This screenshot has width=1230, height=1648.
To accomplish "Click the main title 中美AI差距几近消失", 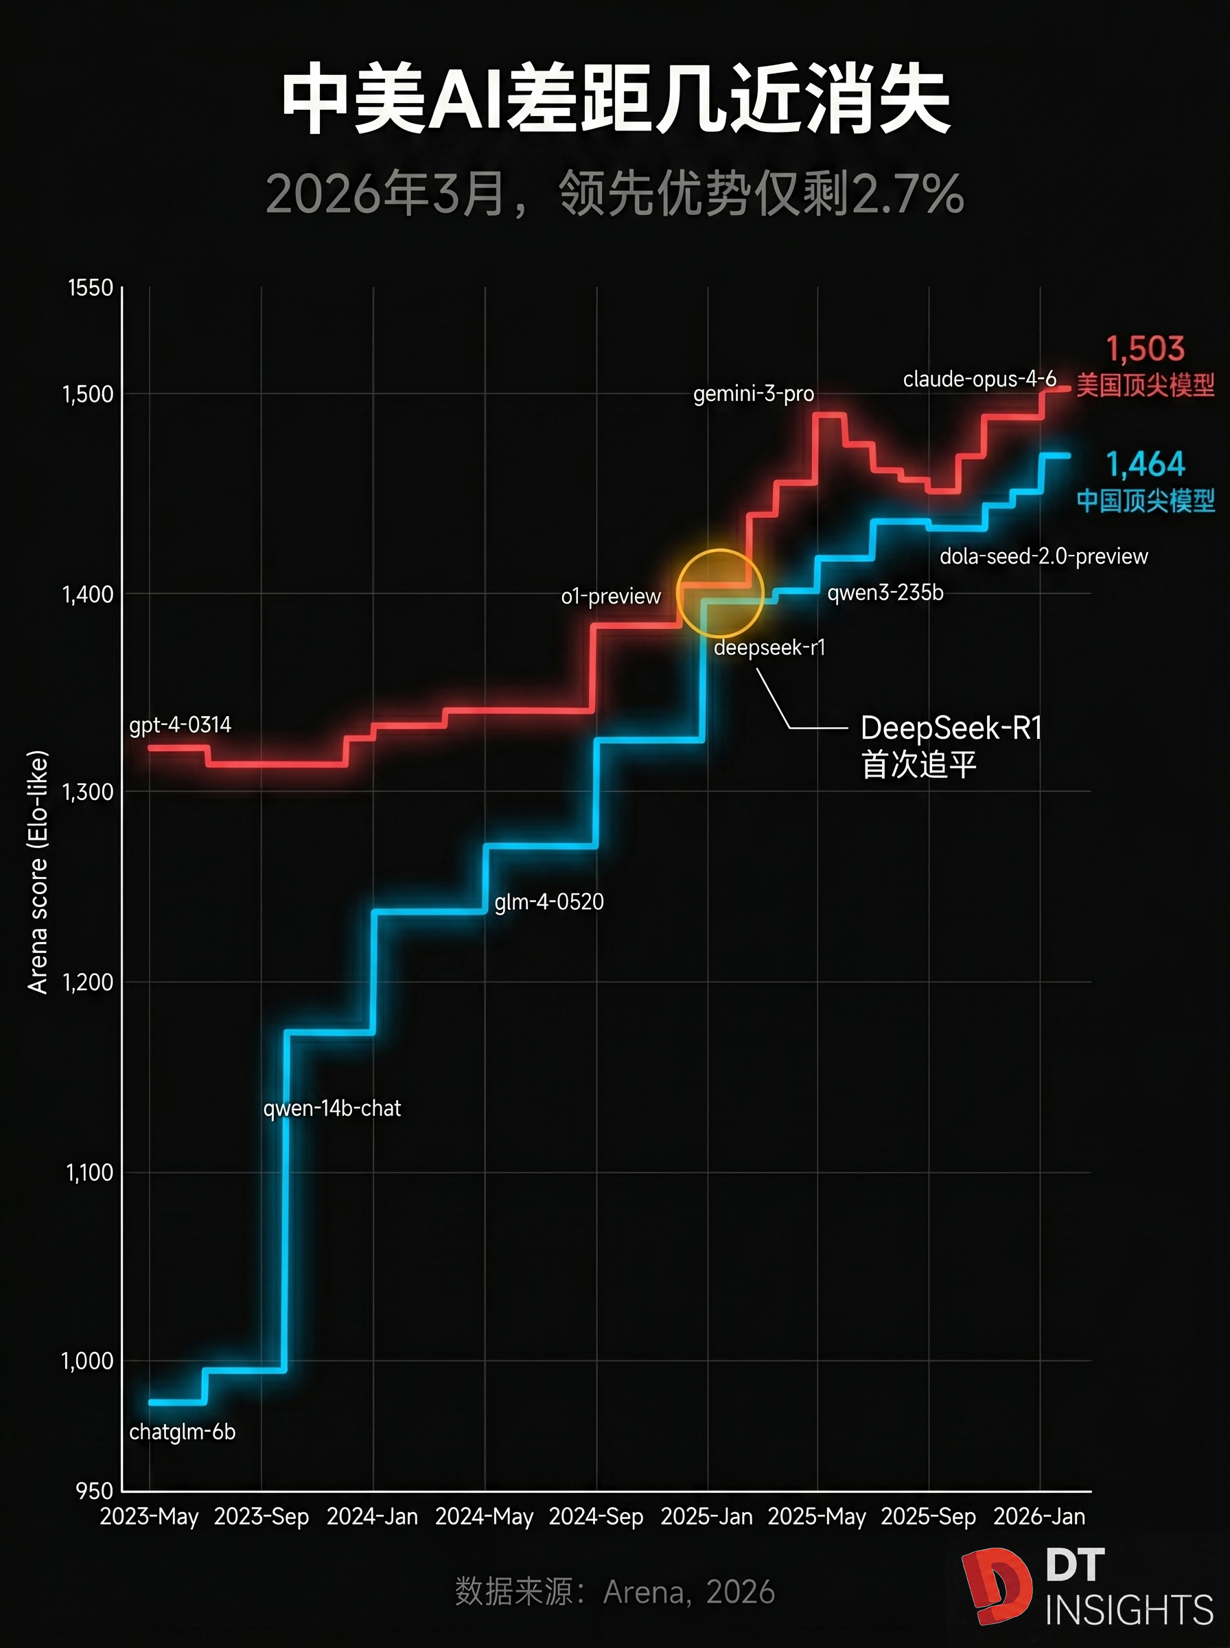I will (615, 99).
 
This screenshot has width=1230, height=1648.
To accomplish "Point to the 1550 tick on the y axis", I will (90, 288).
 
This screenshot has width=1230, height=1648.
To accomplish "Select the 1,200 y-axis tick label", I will (88, 982).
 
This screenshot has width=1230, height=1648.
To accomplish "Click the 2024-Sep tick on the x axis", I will (596, 1516).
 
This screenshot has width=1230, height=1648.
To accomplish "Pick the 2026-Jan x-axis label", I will (1038, 1516).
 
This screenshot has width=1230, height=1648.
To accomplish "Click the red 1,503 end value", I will (1144, 349).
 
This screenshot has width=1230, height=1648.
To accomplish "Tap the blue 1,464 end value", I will (1145, 464).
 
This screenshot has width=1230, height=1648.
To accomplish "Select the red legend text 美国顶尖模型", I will (1145, 386).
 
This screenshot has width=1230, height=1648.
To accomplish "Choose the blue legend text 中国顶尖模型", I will (1145, 501).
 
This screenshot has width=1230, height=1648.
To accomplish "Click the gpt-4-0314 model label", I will (181, 724).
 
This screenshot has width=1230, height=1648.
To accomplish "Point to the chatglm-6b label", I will (183, 1431).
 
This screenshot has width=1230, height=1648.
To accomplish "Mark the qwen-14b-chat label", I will (332, 1108).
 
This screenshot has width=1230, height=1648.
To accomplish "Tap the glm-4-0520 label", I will (548, 902).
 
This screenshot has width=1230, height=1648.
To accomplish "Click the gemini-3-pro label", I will (754, 393).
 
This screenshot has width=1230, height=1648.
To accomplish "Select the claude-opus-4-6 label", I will (979, 379).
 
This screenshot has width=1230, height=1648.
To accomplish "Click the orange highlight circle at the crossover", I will (720, 593).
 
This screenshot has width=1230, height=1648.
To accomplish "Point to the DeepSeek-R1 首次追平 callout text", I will (950, 746).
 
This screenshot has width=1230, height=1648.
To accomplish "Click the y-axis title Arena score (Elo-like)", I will (37, 871).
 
